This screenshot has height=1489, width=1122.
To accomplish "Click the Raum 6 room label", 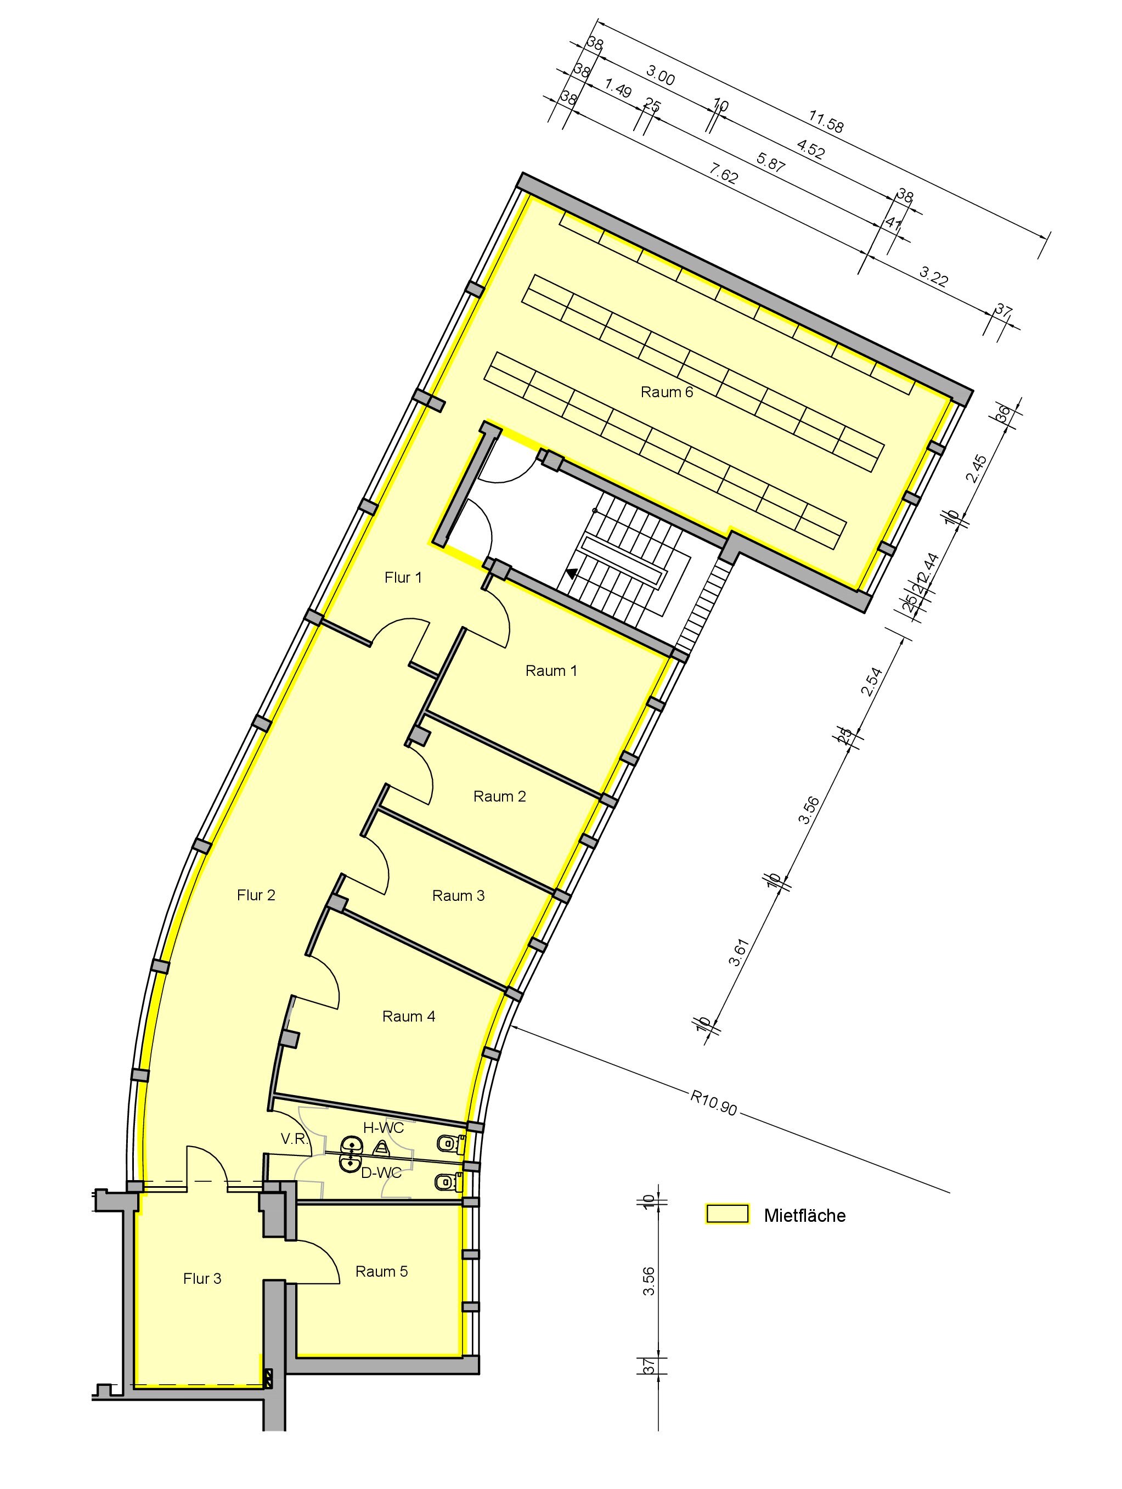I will [x=666, y=392].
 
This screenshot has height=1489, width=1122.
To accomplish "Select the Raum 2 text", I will [x=499, y=796].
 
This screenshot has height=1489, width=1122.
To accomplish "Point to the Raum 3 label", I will [x=458, y=895].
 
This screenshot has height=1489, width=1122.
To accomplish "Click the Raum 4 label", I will [x=409, y=1016].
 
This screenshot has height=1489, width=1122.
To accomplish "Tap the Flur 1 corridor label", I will [x=403, y=577].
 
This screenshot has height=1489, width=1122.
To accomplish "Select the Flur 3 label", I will [x=202, y=1278].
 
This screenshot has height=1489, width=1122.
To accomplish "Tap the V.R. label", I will [x=294, y=1138].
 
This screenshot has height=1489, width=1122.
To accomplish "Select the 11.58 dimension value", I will [x=826, y=122].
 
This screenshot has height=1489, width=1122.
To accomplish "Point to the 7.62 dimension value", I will [x=724, y=174].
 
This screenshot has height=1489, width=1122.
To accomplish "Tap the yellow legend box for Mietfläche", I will [x=727, y=1213].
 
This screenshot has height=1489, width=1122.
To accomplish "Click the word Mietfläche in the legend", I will [x=804, y=1216].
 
